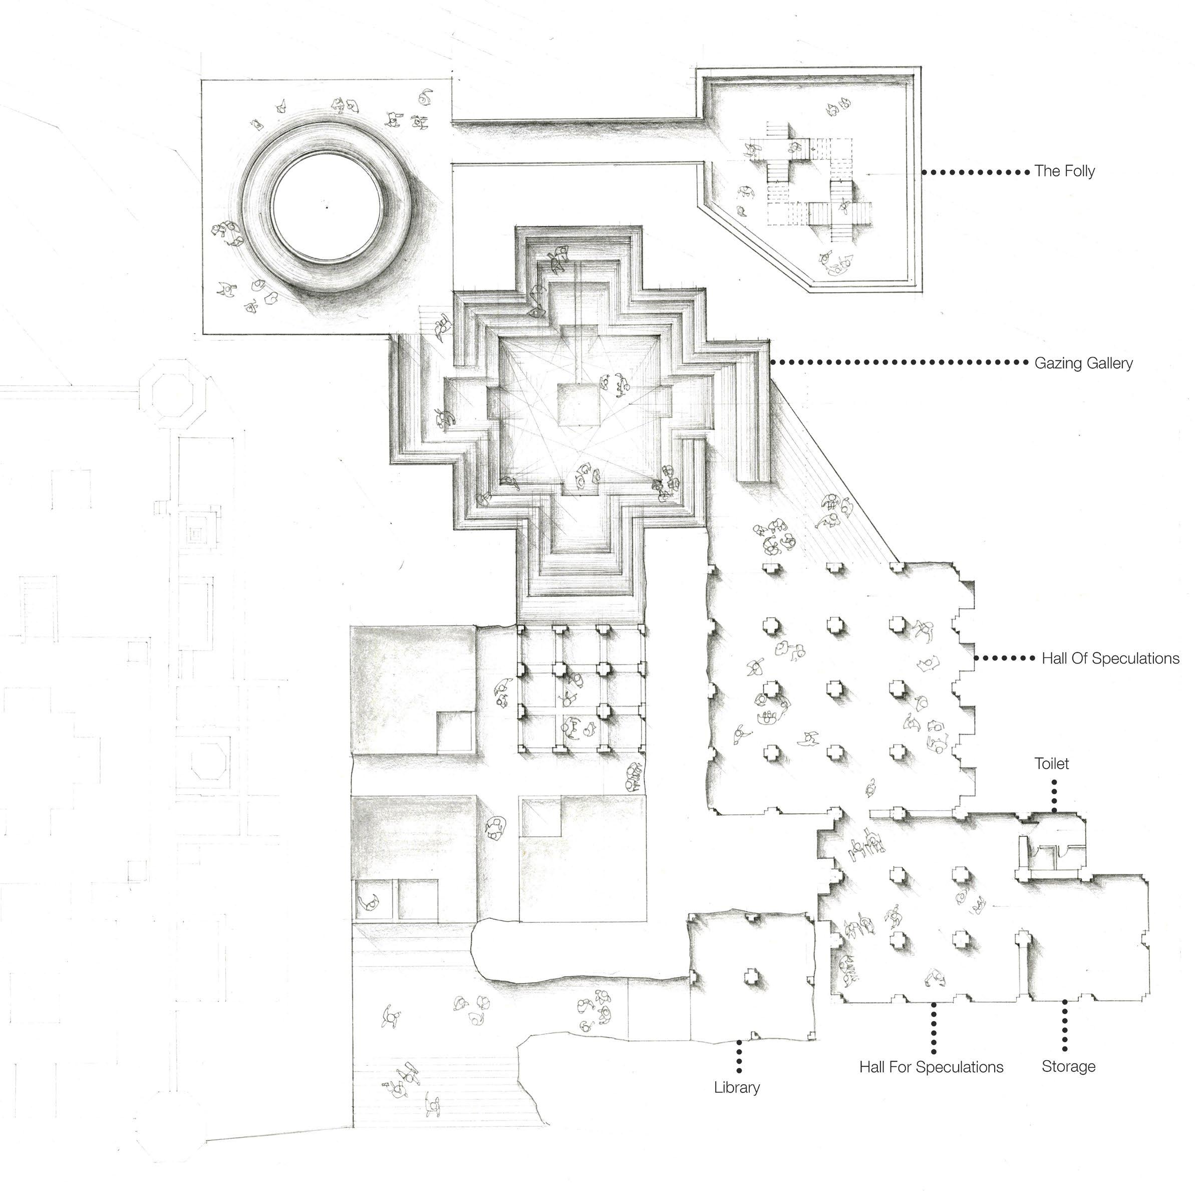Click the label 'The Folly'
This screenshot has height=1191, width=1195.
point(1064,171)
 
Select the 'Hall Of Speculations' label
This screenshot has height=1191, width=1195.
point(1110,658)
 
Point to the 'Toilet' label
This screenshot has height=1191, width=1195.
point(1051,764)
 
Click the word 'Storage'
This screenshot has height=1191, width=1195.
point(1068,1067)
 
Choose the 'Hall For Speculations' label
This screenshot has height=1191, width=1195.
point(931,1067)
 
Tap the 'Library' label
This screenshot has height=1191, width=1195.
point(737,1088)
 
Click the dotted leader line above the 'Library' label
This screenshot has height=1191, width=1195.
point(739,1056)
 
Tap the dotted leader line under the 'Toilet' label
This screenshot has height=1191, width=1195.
point(1055,795)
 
